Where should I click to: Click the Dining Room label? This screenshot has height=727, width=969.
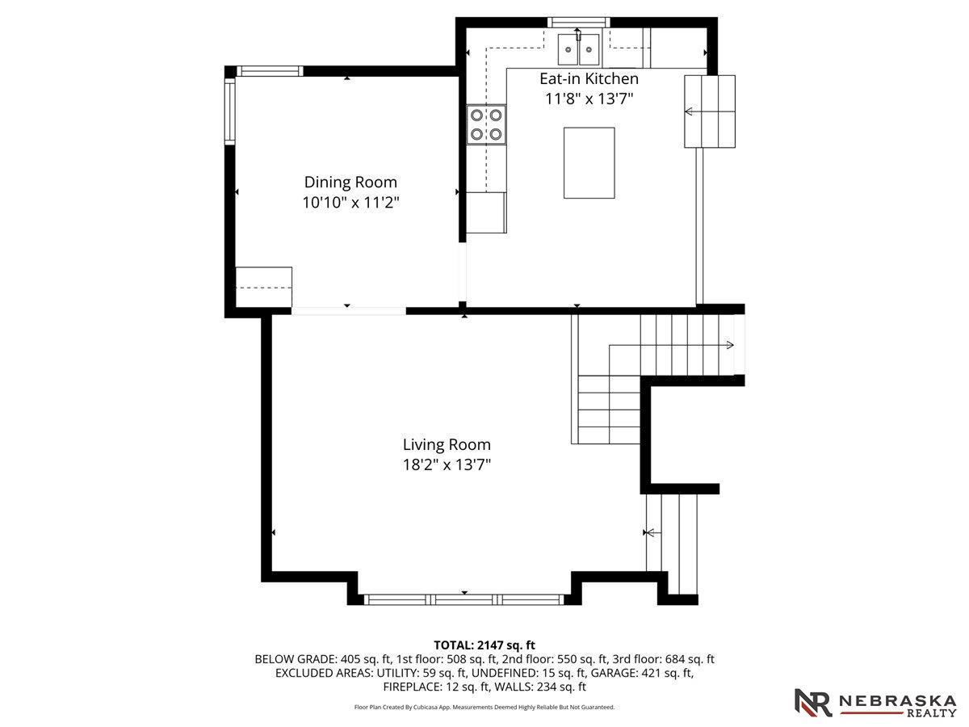(x=350, y=182)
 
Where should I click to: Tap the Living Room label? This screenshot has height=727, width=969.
(x=447, y=444)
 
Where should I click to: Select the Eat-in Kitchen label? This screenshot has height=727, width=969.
(x=589, y=78)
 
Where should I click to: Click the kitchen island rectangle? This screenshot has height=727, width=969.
(x=589, y=163)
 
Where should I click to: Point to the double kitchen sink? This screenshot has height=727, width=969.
(x=578, y=49)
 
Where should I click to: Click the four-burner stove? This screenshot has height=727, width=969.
(x=486, y=124)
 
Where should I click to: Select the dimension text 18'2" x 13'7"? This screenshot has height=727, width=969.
(x=447, y=464)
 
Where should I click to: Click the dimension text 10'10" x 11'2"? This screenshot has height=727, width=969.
(x=350, y=203)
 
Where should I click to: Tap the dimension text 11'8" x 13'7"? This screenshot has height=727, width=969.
(x=589, y=99)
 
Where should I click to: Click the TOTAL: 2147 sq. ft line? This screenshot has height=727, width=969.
(x=484, y=645)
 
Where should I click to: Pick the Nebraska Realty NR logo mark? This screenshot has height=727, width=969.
(x=812, y=702)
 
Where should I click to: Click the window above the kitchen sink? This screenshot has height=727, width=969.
(x=579, y=22)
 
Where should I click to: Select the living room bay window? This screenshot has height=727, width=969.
(x=464, y=599)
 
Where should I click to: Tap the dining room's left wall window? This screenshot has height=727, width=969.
(x=229, y=111)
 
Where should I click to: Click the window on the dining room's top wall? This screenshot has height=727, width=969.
(x=271, y=71)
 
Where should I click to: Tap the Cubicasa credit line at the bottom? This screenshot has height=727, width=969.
(x=484, y=707)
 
